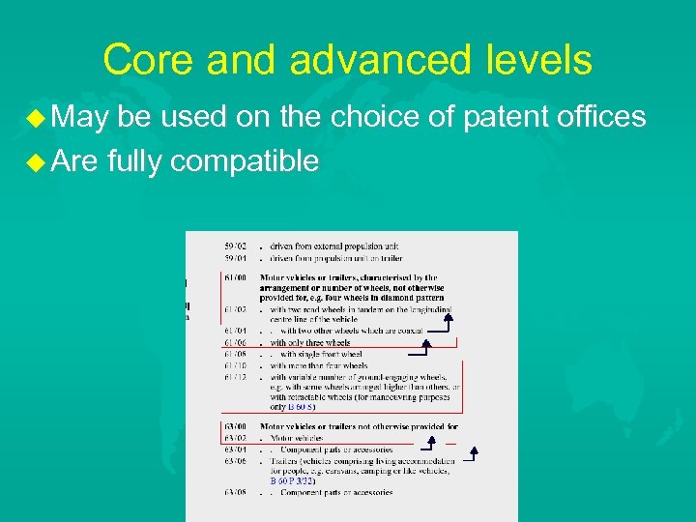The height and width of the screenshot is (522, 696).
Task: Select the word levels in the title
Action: tap(540, 60)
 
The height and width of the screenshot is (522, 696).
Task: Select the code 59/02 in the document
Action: tap(235, 246)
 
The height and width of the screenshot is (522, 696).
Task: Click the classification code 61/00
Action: tap(235, 278)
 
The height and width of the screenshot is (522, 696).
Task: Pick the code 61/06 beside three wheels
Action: tap(235, 342)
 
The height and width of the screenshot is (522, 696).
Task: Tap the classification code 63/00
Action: tap(235, 425)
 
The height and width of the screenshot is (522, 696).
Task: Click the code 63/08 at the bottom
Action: tap(235, 492)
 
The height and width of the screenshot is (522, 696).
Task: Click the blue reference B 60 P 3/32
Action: tap(293, 480)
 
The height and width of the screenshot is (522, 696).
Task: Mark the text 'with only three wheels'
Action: tap(309, 342)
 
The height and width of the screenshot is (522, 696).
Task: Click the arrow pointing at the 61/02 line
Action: tap(447, 319)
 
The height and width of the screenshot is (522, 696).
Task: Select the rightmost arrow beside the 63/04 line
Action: tap(473, 454)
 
